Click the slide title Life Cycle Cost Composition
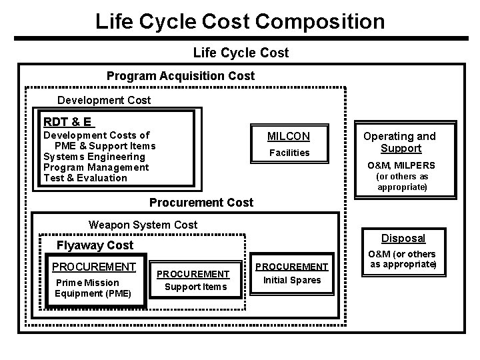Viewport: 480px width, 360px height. tap(240, 21)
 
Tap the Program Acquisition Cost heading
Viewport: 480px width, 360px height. tap(181, 76)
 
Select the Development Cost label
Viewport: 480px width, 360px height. tap(104, 101)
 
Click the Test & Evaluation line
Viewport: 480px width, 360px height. tap(85, 178)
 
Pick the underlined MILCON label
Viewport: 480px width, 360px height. tap(289, 137)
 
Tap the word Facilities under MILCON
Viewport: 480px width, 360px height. tap(289, 153)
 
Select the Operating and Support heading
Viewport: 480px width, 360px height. tap(400, 142)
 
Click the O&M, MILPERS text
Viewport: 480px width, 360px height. tap(401, 165)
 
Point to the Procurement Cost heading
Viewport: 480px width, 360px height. tap(201, 203)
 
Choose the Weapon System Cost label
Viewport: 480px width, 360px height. tap(143, 225)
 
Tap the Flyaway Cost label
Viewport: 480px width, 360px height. tap(95, 245)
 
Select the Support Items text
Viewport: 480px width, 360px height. tap(196, 287)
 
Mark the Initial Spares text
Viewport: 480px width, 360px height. tap(292, 280)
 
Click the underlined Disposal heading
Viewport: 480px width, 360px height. tap(403, 238)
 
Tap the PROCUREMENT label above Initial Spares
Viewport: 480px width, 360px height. tap(292, 267)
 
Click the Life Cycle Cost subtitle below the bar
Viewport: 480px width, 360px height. tap(241, 52)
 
